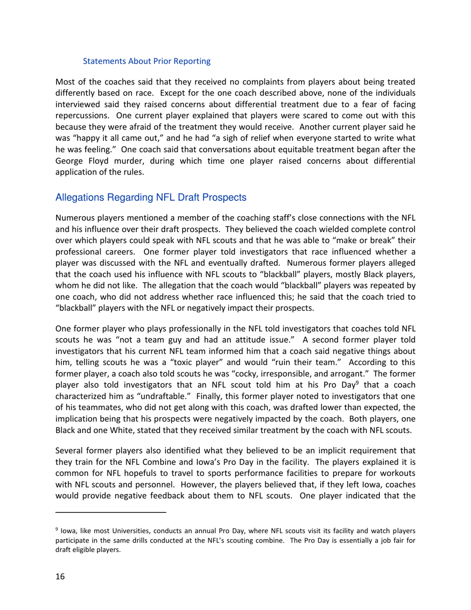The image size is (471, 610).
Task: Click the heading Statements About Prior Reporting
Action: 146,61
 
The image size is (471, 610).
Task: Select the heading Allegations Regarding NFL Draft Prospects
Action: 151,197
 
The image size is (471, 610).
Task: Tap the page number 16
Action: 60,576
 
